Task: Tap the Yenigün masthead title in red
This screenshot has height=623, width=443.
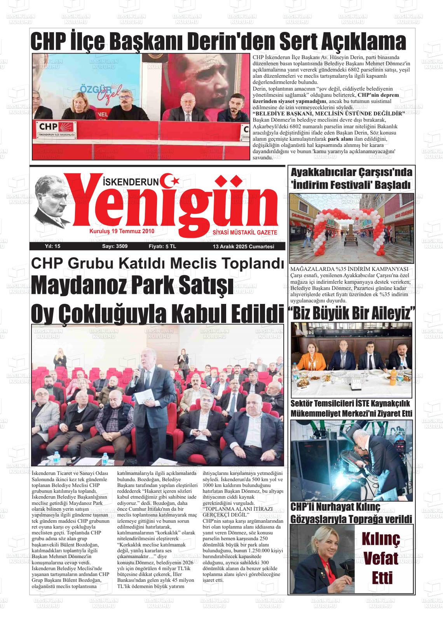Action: coord(171,206)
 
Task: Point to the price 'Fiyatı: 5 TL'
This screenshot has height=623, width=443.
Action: coord(162,246)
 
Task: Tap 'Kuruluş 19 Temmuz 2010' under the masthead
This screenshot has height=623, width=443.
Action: coord(122,231)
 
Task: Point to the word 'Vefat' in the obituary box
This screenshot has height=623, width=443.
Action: coord(380,558)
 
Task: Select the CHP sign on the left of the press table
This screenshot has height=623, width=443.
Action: coord(49,127)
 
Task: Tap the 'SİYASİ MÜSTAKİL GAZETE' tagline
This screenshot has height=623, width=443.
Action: coord(245,232)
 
